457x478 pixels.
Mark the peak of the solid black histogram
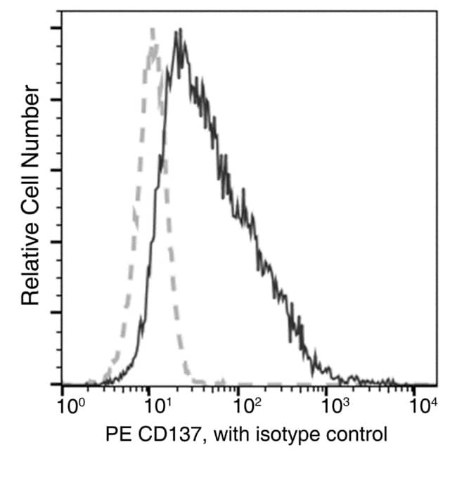(x=181, y=30)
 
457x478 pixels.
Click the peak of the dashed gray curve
(x=153, y=30)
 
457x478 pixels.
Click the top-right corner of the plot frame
(x=436, y=11)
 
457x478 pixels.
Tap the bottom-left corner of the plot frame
(x=62, y=385)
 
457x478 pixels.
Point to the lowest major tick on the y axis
(x=54, y=385)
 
